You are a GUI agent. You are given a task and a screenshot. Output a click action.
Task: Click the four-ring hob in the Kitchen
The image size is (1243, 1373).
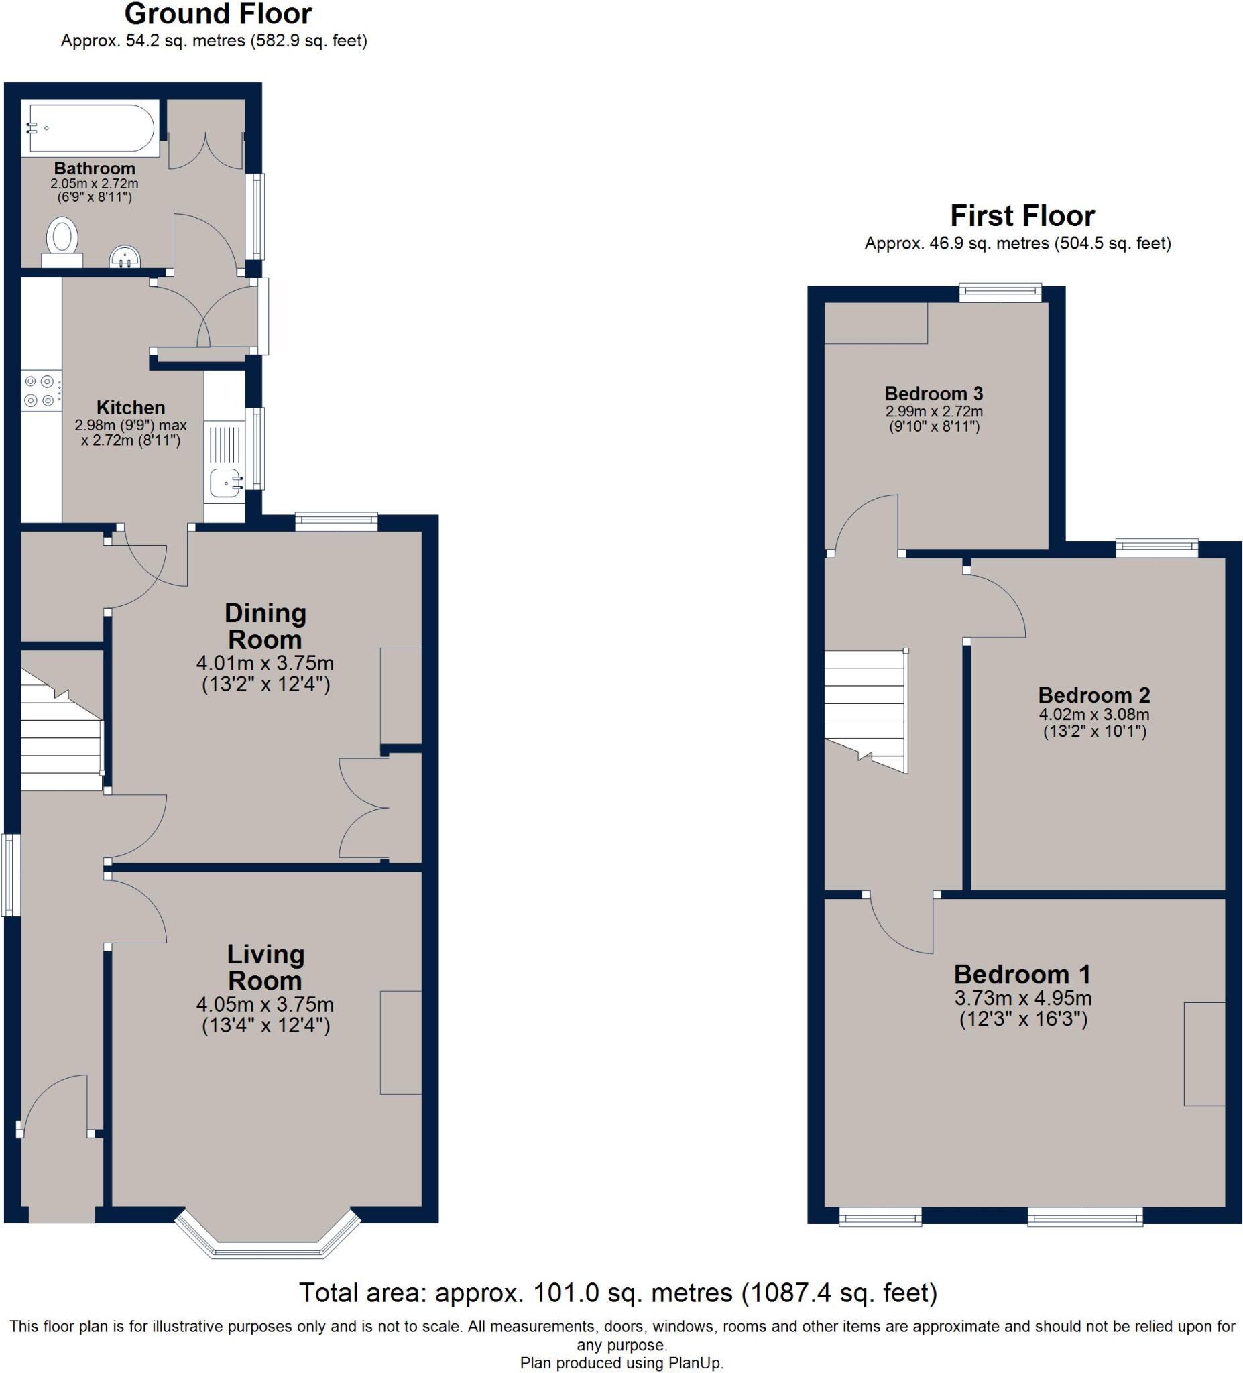40,391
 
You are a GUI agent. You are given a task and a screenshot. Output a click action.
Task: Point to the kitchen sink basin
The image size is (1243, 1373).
223,483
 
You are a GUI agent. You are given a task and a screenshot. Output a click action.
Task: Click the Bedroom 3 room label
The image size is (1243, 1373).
933,394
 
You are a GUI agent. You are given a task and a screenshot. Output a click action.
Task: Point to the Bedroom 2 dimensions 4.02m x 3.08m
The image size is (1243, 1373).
1094,715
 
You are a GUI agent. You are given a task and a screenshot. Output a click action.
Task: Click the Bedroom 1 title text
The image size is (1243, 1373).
1022,975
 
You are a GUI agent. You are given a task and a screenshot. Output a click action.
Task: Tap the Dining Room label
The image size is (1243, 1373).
265,626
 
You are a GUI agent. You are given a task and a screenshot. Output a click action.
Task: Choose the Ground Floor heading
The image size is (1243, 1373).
218,13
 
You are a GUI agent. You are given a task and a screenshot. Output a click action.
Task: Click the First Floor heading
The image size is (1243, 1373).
1022,216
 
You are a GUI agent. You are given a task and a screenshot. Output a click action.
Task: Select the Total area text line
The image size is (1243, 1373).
617,1292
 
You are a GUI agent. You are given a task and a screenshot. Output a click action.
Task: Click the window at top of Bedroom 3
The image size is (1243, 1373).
1000,293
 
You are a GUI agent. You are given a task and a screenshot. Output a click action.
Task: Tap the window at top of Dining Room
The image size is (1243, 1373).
336,522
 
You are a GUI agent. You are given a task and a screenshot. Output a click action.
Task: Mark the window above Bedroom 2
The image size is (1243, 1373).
1156,548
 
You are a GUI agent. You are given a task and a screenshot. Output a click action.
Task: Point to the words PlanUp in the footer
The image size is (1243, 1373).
695,1363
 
